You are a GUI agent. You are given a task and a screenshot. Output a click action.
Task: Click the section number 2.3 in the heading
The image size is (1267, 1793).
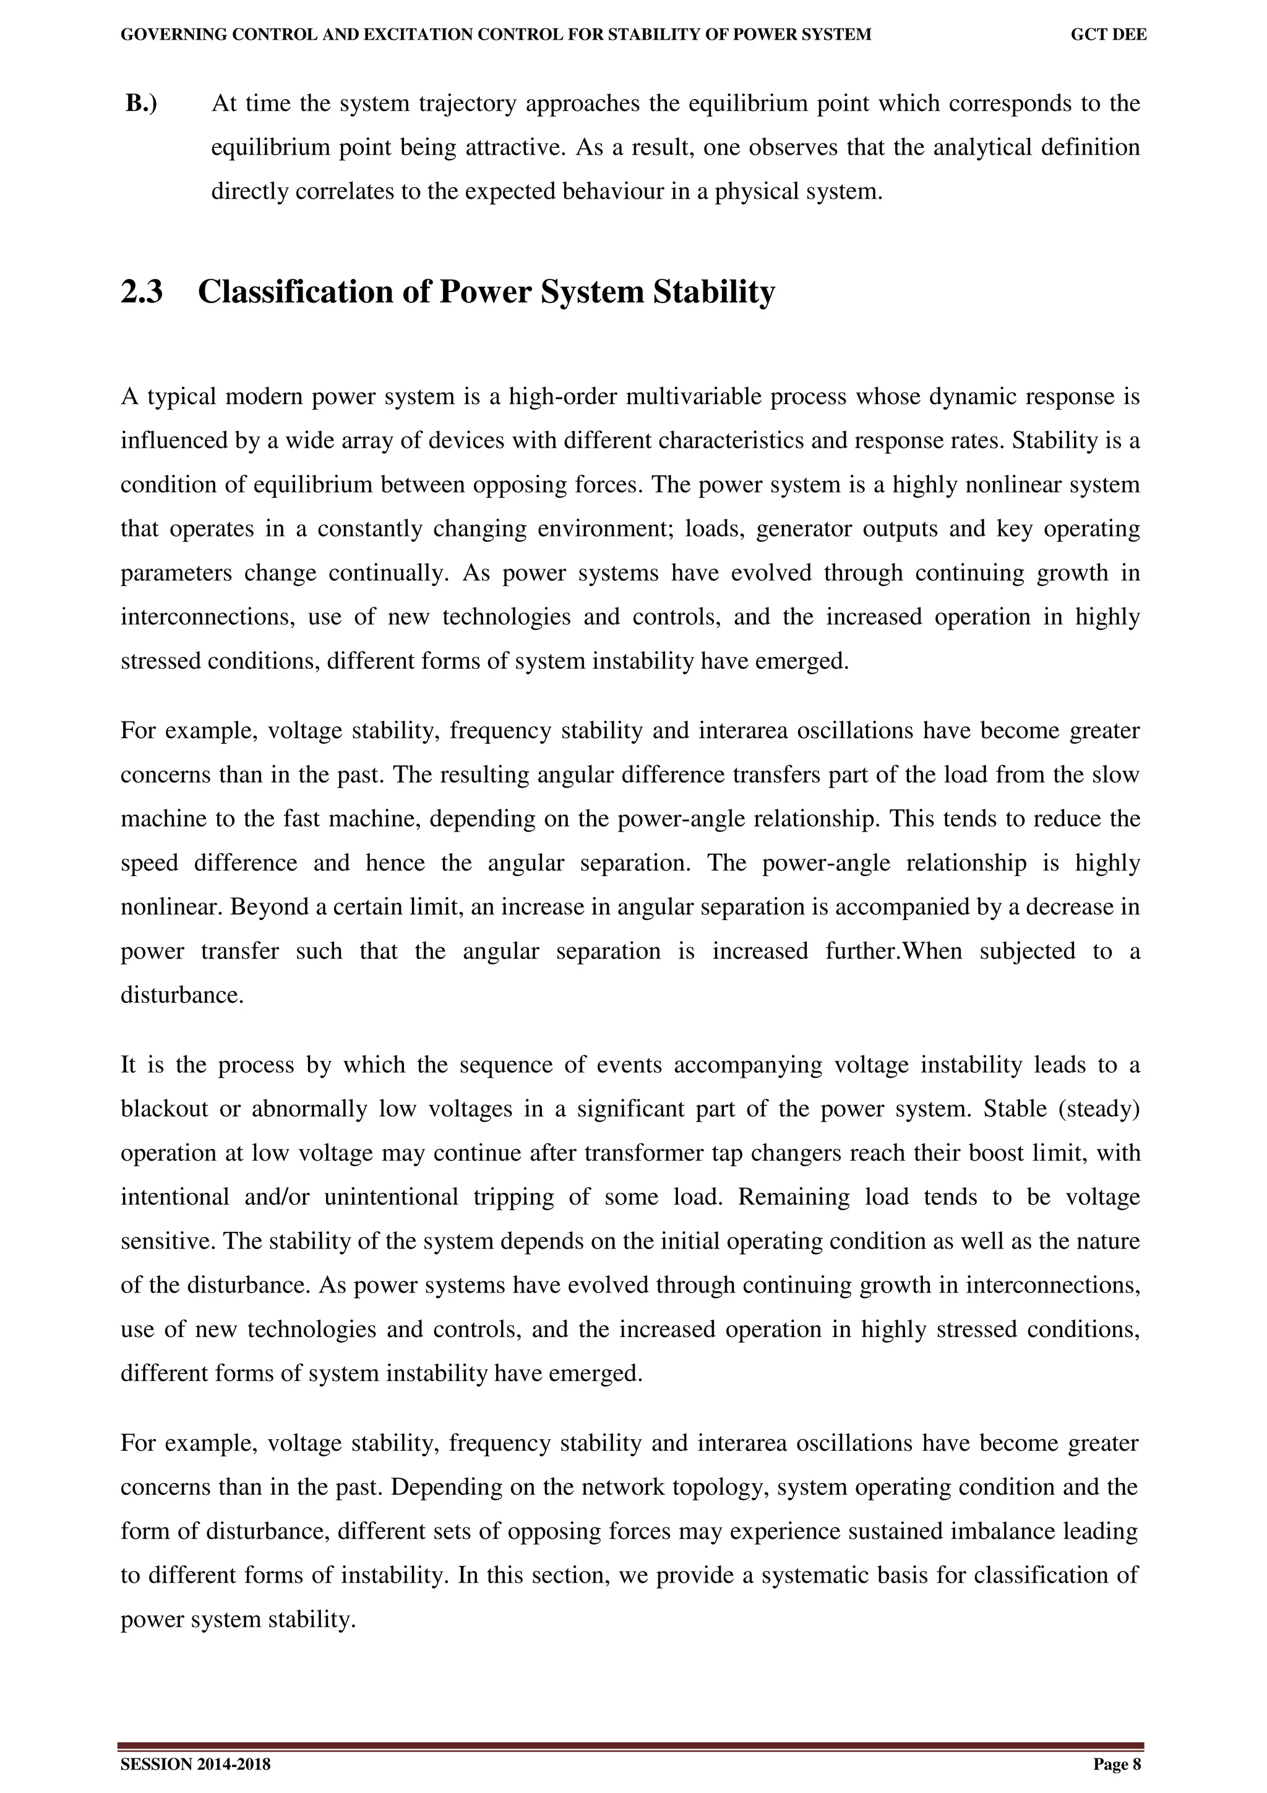coord(142,293)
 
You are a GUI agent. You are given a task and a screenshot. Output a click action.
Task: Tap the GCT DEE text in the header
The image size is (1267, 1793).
coord(1109,35)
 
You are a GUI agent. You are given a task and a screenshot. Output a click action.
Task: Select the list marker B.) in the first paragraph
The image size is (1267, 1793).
coord(141,103)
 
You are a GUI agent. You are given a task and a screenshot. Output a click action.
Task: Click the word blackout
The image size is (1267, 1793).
coord(164,1110)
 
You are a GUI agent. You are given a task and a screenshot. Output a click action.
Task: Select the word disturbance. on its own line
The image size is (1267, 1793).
coord(182,995)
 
